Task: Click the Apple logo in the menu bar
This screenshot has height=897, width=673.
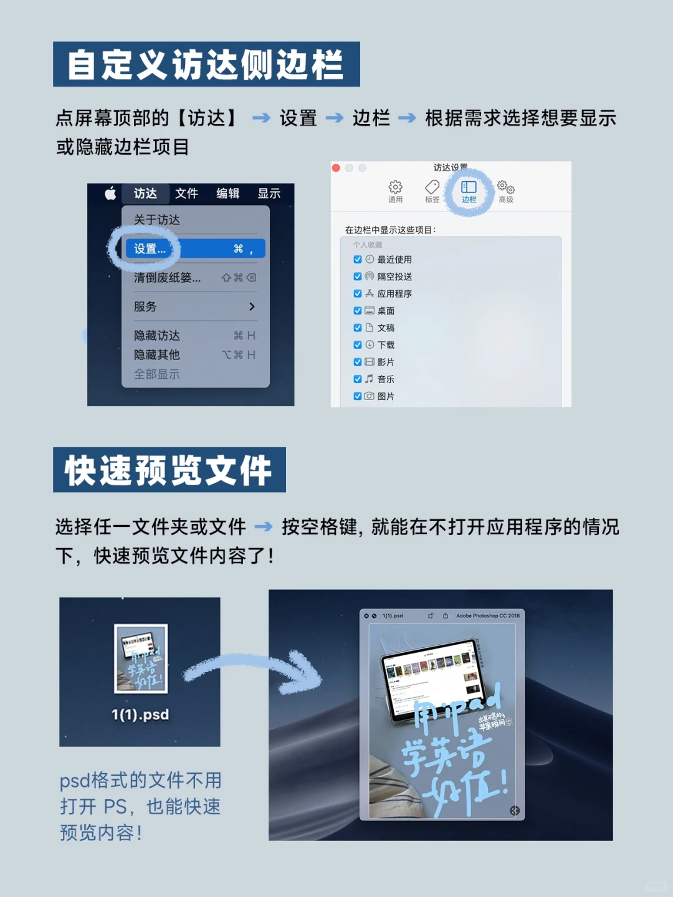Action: [110, 194]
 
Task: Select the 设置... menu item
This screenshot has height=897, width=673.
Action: [150, 249]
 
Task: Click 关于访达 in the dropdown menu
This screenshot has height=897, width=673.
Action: [157, 220]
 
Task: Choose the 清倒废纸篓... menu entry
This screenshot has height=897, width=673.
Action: [167, 278]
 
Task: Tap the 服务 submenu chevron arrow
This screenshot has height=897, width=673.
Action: [252, 306]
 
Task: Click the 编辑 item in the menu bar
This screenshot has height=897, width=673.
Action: [227, 194]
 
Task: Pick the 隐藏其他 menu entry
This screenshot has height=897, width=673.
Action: [157, 355]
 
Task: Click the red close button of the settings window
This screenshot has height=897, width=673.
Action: [336, 168]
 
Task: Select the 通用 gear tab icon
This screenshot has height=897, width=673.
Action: [395, 187]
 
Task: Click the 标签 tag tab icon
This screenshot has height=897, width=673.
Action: [432, 187]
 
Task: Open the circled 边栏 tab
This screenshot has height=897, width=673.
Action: [469, 189]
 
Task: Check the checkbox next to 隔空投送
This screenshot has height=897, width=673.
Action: [358, 277]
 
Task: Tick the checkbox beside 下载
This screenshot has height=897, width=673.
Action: [358, 345]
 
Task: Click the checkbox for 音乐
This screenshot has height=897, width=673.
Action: [358, 379]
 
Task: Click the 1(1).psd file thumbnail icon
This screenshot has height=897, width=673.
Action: [141, 658]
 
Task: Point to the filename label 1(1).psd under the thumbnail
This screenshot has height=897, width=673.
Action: [140, 714]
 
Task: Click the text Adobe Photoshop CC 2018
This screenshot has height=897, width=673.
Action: [487, 616]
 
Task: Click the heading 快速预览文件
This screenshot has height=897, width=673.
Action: [169, 470]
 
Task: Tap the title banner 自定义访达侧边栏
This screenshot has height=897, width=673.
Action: [206, 64]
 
